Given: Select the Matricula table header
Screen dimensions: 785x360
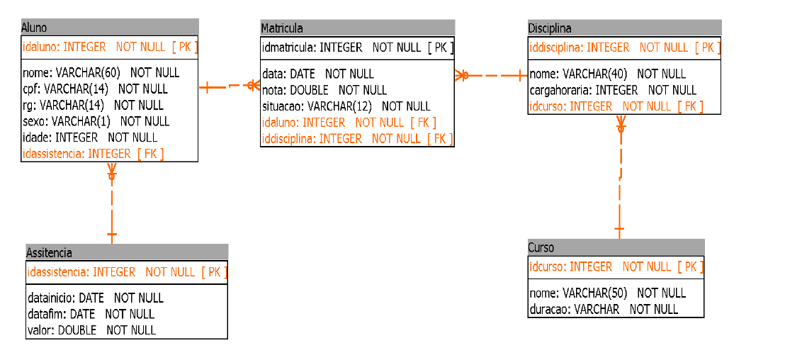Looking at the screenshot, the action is click(x=282, y=28).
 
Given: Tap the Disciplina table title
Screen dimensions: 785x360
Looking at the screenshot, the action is click(x=550, y=28).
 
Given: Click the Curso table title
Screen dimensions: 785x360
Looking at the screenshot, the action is click(x=541, y=247).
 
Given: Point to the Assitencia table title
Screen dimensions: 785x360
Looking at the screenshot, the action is click(x=49, y=252).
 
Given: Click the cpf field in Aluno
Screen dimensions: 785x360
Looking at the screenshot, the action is click(x=95, y=89).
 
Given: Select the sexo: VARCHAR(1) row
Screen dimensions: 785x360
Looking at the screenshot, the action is click(x=96, y=121).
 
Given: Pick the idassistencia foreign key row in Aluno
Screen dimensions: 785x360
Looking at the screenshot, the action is click(x=93, y=154).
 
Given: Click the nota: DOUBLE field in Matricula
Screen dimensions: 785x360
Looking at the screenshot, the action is click(x=324, y=90).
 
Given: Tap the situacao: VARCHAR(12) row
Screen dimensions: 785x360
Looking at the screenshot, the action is click(x=346, y=106).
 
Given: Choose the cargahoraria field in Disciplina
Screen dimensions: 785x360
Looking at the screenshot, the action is click(x=613, y=90).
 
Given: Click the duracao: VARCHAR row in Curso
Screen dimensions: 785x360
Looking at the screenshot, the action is click(x=604, y=309).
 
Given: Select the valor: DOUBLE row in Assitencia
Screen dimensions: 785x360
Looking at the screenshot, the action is click(x=91, y=330).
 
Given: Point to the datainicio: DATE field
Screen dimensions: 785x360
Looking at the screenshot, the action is click(x=96, y=298).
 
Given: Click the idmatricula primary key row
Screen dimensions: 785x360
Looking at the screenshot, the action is click(x=358, y=47).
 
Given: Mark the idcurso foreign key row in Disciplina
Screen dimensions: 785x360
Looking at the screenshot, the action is click(x=616, y=106).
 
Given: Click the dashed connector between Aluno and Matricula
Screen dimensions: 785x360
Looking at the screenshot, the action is click(x=230, y=87).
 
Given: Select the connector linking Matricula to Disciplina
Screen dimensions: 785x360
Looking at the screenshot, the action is click(x=490, y=76).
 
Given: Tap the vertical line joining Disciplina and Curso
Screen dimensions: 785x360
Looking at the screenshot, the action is click(x=621, y=177).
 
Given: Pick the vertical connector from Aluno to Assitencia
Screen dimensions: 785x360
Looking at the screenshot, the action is click(x=112, y=203).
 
